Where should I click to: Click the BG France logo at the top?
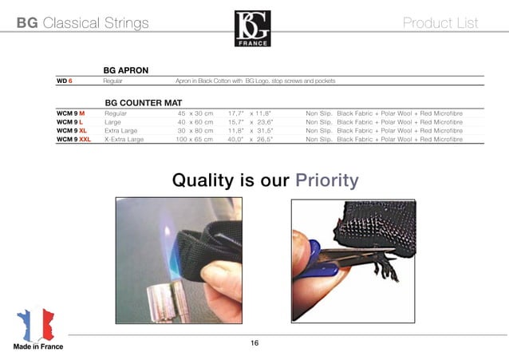pos(253,28)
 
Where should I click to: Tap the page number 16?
pos(254,342)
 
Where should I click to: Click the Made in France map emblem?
pos(36,322)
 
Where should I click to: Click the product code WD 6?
pos(65,81)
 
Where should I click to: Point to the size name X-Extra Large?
pos(124,139)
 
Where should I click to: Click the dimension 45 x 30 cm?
pos(195,114)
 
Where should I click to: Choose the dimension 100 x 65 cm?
pos(194,139)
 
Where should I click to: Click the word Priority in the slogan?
pos(327,180)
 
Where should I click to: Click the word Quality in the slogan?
pos(204,180)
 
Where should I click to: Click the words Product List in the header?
pos(441,23)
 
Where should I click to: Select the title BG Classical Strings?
pos(83,23)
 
